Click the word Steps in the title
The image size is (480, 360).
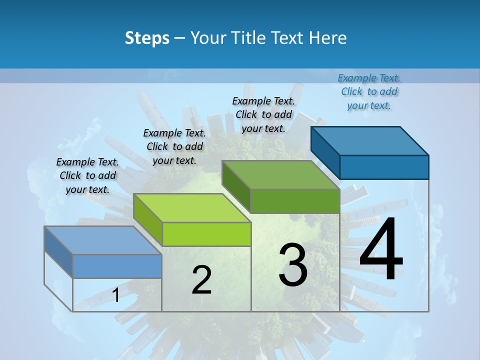147,38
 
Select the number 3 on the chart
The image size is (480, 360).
293,264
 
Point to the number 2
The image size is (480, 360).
201,280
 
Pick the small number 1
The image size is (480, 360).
116,295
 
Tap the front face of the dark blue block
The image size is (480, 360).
384,167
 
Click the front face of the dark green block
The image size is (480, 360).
295,201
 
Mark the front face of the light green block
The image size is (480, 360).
206,234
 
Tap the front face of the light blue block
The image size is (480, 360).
117,266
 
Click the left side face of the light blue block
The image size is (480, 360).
58,251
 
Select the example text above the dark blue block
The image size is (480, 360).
369,91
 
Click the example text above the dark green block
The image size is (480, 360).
263,114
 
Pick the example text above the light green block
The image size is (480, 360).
174,146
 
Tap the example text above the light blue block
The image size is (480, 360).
87,175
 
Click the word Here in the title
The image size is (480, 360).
328,38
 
